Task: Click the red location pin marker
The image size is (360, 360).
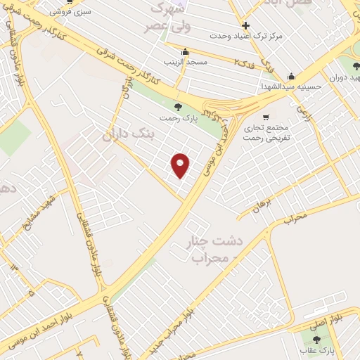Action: [181, 165]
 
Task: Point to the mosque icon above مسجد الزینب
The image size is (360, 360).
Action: [184, 51]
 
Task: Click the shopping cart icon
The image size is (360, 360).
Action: [265, 117]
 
